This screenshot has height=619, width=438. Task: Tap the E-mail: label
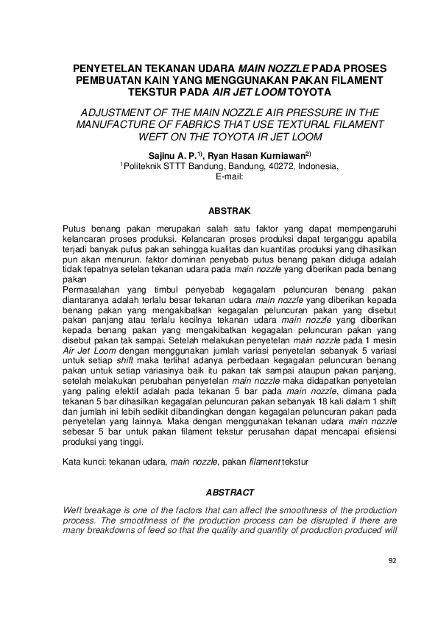point(228,176)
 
